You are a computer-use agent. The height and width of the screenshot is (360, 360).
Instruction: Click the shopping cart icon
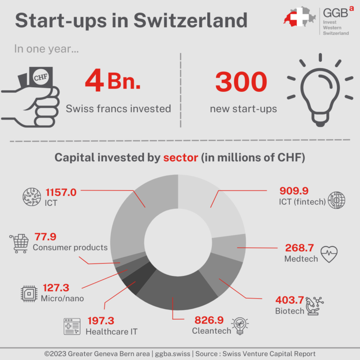point(19,243)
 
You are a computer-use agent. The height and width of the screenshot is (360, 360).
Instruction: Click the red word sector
point(180,157)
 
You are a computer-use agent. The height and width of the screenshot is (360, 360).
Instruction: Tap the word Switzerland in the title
point(190,20)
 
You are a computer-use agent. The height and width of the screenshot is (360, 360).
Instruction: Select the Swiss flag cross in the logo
point(300,17)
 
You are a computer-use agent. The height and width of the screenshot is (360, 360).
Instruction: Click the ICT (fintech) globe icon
point(336,200)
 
